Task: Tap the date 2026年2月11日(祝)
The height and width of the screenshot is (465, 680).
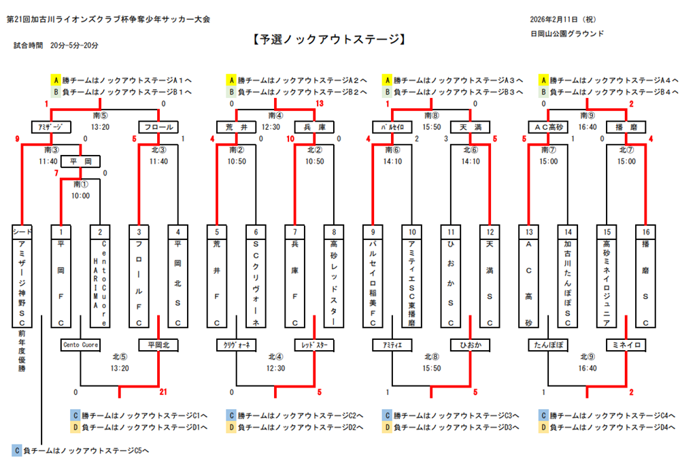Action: tap(564, 19)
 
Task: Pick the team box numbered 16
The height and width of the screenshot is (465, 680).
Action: tap(646, 232)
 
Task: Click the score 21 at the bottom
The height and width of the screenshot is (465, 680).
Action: tap(163, 392)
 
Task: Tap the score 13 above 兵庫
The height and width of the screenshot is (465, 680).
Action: tap(320, 103)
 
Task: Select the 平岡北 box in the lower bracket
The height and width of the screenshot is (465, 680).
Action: tap(158, 345)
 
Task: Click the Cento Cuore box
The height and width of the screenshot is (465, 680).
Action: tap(81, 345)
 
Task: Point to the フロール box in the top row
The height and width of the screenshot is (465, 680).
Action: tap(158, 127)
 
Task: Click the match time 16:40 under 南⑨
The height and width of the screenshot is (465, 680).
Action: tap(587, 127)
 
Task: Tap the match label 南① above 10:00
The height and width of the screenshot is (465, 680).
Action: tap(80, 184)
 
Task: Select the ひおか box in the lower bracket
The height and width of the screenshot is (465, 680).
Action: tap(470, 345)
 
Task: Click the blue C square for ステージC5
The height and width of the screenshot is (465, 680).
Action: tap(17, 450)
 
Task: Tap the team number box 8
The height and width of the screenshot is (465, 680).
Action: tap(333, 232)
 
